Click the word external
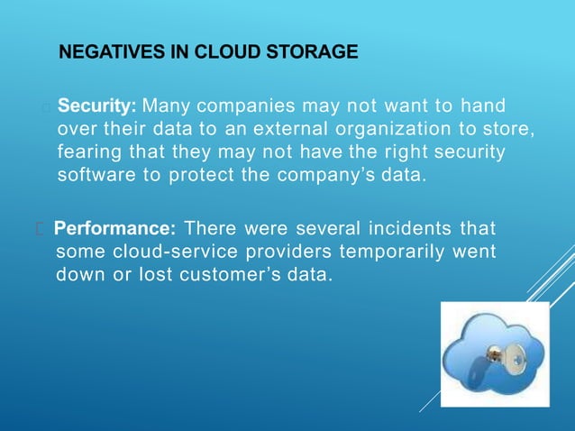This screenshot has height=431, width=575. tap(268, 130)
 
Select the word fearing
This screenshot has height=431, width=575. tap(87, 152)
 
